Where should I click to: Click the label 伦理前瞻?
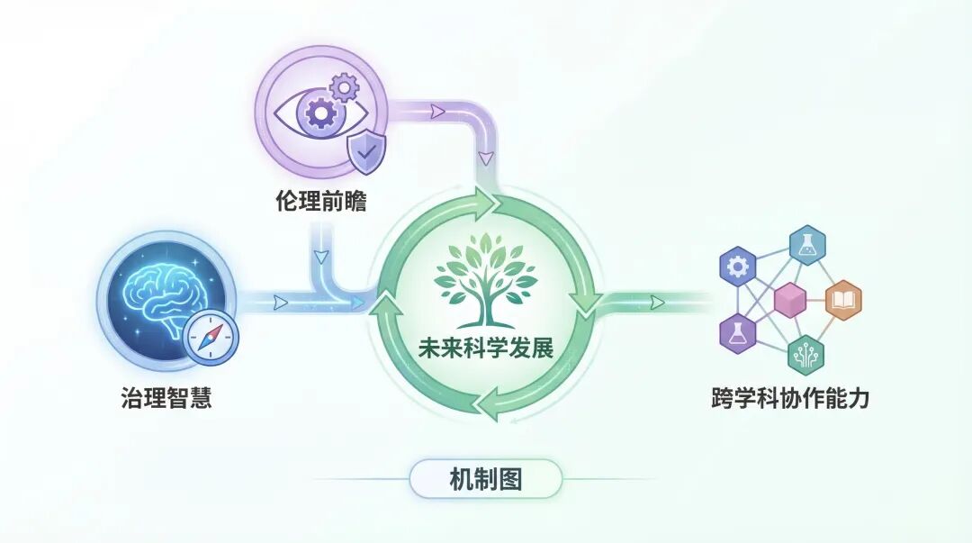coord(321,202)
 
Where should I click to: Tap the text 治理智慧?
coord(166,397)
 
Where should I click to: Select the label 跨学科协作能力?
coord(790,397)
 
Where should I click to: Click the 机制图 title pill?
coord(486,479)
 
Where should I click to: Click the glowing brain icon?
coord(162,294)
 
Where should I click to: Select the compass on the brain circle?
coord(209,343)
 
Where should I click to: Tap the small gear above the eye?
coord(345,87)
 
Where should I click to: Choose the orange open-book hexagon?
coord(842,301)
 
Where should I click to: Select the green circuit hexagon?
coord(805,355)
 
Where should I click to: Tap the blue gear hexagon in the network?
coord(738,267)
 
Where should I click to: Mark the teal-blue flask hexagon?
coord(807,243)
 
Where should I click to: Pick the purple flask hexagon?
coord(736,333)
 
